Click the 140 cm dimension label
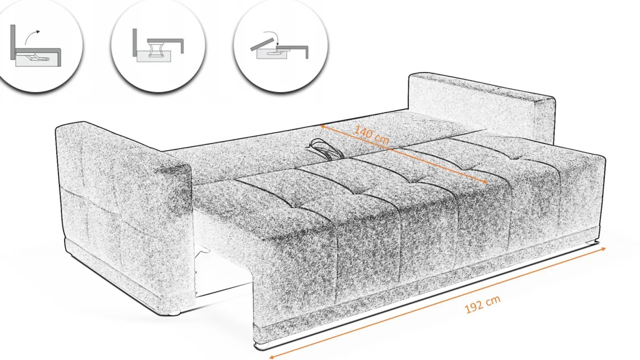[372, 135]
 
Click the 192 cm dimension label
[482, 304]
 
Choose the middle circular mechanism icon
[158, 46]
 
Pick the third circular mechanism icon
[281, 46]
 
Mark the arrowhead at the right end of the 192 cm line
[603, 250]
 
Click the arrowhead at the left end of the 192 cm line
[272, 356]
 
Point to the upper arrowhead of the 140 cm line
[322, 126]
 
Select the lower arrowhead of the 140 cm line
[485, 182]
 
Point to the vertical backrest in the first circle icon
[13, 42]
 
